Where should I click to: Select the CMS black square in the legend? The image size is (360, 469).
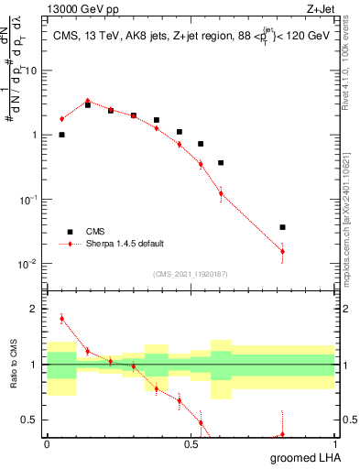coord(69,232)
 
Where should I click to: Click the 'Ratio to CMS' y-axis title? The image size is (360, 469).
coord(13,365)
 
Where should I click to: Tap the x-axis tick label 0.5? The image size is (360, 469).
coord(190,443)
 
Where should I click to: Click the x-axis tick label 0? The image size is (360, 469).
coord(47,443)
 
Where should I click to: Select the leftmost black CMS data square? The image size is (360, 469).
coord(61,135)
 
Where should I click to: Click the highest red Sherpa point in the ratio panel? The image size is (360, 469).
coord(61,319)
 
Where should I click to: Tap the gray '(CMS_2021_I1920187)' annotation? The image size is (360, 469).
coord(190,274)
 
